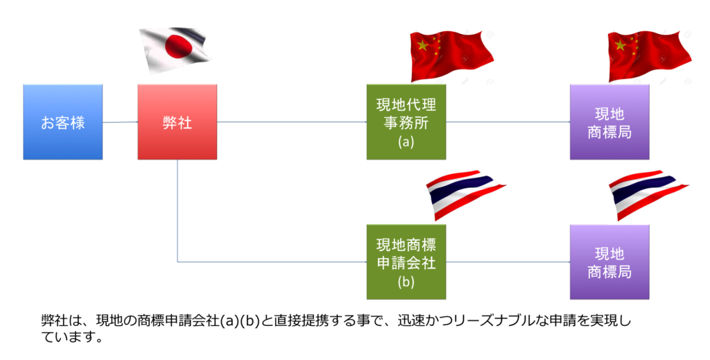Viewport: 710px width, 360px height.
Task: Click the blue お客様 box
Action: (63, 122)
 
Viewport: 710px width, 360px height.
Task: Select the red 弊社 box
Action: (177, 122)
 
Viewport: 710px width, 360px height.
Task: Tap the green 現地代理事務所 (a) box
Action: (406, 122)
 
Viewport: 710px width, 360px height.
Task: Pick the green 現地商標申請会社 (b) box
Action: (406, 262)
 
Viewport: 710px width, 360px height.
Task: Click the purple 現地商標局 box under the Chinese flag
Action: (609, 122)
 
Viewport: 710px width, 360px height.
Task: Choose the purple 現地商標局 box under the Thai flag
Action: (609, 262)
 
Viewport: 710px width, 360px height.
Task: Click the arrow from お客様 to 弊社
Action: (121, 122)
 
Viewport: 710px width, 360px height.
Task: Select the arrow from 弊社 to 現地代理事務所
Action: (292, 122)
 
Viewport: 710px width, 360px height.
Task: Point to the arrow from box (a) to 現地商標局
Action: (508, 122)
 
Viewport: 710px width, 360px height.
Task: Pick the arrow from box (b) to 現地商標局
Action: (508, 262)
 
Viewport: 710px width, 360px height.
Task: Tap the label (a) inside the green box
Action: (406, 142)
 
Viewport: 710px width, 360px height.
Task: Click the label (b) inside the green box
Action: (406, 282)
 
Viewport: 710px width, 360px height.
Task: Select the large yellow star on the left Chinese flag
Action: (422, 44)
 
